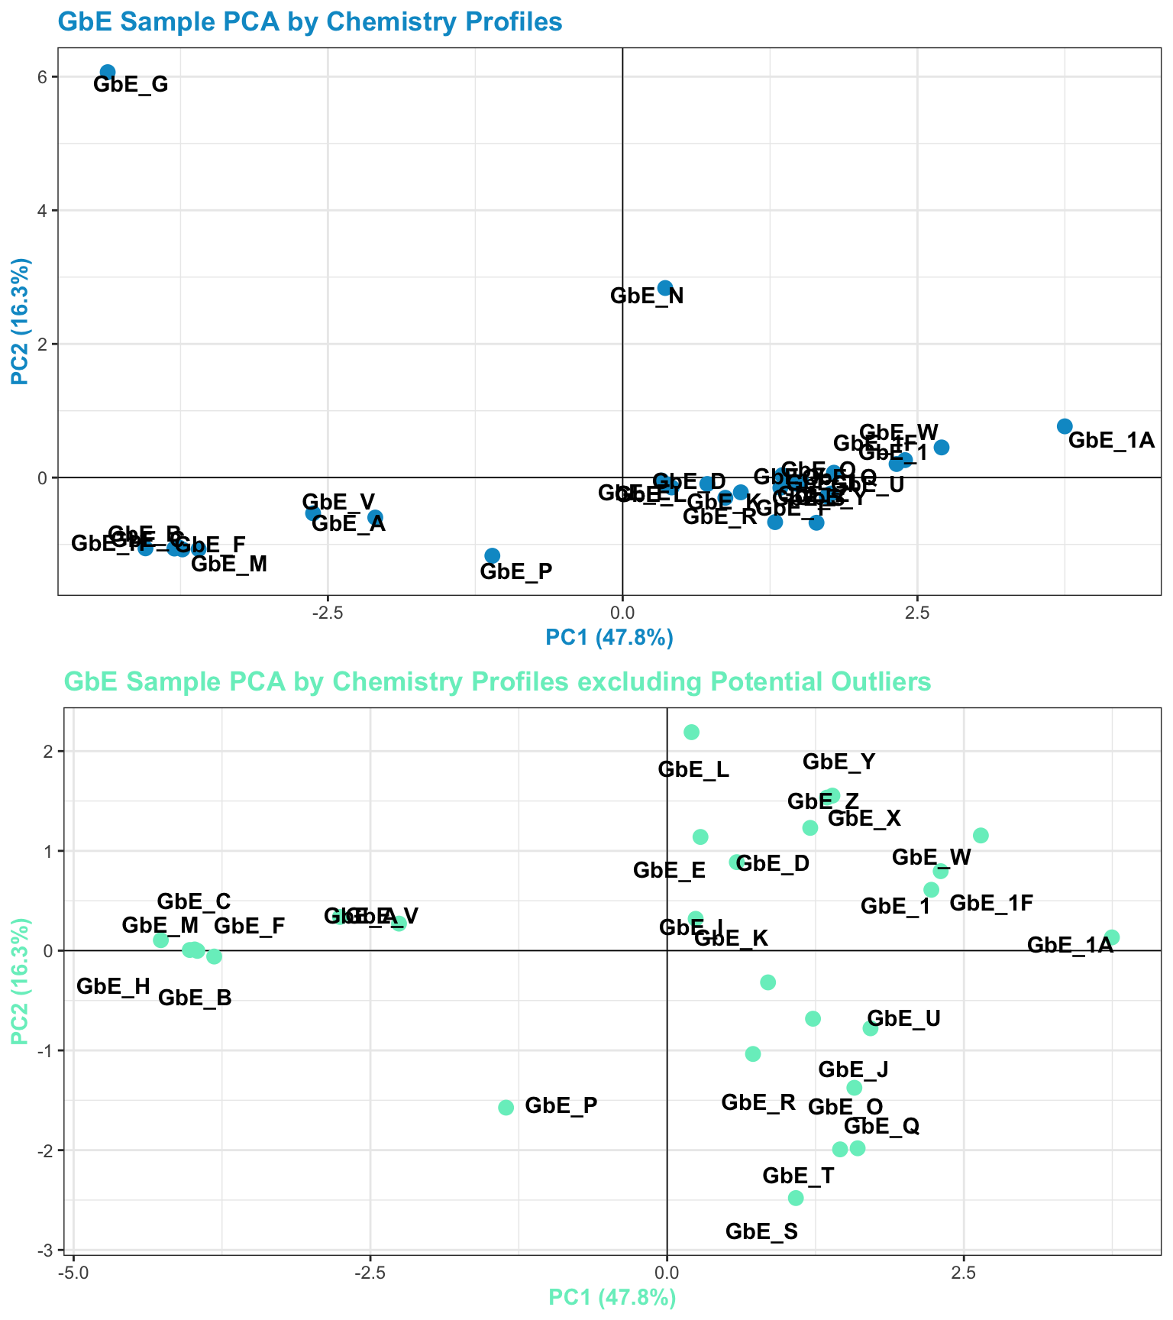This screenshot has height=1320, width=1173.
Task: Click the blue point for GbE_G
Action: tap(108, 72)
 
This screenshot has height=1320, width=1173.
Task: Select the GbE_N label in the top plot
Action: tap(647, 296)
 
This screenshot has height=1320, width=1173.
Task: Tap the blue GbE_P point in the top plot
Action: tap(492, 555)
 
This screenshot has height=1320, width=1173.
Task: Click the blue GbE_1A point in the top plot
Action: tap(1065, 426)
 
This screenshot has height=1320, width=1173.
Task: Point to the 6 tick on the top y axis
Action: tap(43, 77)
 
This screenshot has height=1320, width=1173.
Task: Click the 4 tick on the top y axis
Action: tap(43, 211)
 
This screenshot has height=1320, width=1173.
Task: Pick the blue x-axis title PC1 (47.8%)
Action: tap(609, 637)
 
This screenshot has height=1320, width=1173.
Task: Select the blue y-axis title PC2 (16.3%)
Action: tap(21, 321)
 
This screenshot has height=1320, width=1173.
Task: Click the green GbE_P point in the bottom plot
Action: tap(506, 1108)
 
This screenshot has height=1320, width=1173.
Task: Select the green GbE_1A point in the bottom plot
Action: tap(1112, 937)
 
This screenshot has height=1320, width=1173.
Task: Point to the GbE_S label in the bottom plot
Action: tap(761, 1231)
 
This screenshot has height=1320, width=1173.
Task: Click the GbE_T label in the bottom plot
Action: tap(798, 1176)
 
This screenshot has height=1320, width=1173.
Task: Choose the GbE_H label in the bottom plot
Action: tap(114, 986)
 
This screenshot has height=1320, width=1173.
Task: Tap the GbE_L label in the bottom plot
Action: tap(693, 770)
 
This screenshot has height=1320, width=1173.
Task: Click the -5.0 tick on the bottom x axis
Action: tap(73, 1273)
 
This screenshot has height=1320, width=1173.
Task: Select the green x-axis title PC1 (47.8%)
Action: tap(612, 1297)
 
